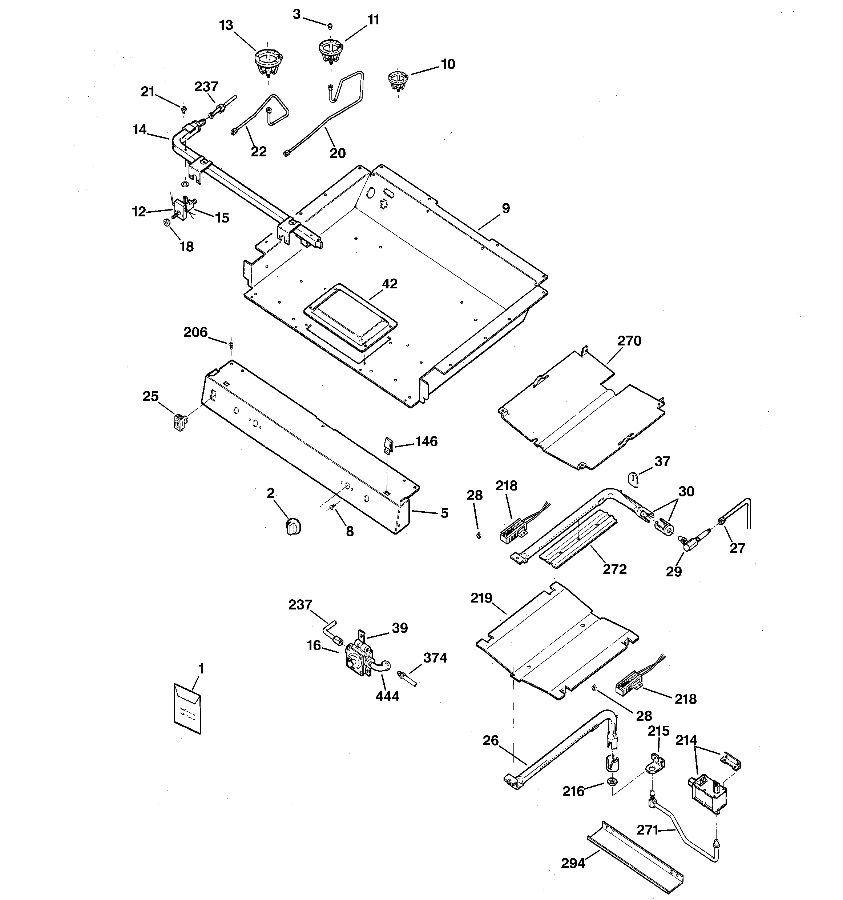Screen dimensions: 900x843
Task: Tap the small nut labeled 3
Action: point(330,26)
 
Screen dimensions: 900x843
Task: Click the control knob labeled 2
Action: point(294,527)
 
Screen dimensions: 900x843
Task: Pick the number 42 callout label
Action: point(390,284)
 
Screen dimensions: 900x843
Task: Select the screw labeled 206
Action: point(231,345)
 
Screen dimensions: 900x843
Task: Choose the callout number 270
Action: point(629,341)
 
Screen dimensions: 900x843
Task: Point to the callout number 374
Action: point(435,658)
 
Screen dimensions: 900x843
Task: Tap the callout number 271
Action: point(648,829)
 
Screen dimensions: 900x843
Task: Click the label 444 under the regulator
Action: point(387,696)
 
